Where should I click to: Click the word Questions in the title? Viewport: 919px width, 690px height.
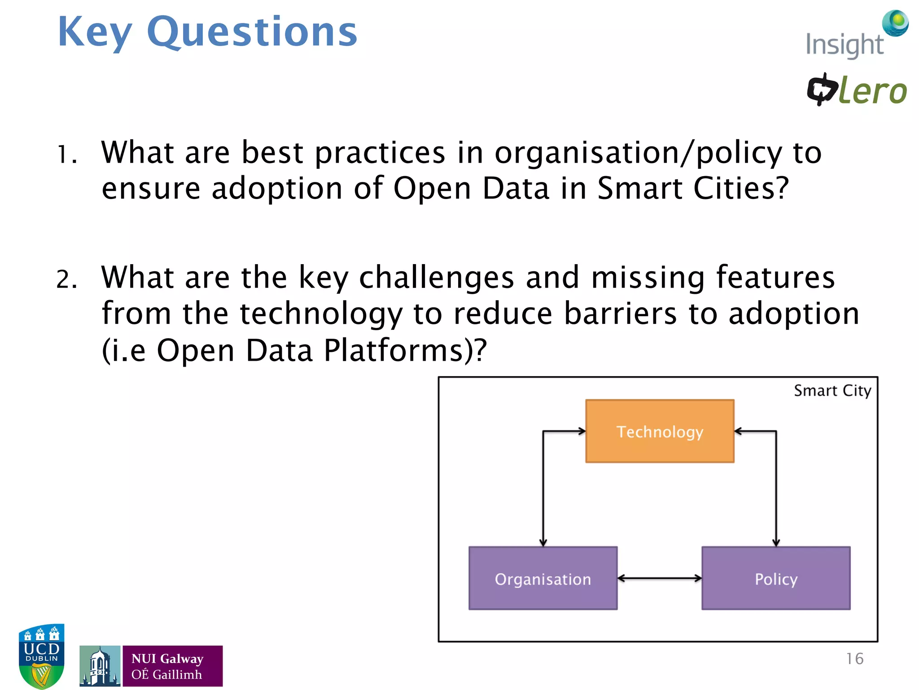252,32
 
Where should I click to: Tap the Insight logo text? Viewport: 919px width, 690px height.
845,45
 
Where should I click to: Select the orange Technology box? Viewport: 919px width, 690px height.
660,431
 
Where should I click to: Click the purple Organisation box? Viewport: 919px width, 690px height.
543,579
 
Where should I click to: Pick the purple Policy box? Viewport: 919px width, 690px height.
776,579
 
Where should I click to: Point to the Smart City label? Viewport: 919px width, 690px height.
832,391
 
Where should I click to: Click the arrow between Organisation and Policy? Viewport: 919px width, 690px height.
660,579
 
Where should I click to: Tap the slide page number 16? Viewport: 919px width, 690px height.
854,659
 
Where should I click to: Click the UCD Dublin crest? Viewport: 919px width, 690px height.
41,656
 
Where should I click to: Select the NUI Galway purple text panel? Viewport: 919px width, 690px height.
172,666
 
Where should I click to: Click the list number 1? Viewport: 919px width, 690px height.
66,155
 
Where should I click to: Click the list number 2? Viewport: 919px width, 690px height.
66,279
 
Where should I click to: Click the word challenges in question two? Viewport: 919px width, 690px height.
436,278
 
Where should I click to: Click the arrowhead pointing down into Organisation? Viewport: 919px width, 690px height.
543,543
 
